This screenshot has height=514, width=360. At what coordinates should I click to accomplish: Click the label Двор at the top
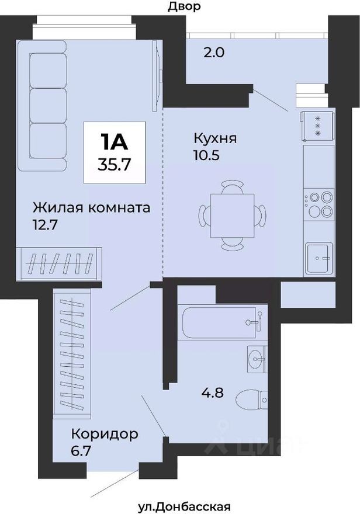[184, 7]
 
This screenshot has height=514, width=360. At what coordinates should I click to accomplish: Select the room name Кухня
[215, 138]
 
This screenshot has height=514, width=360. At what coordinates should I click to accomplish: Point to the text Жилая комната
[92, 207]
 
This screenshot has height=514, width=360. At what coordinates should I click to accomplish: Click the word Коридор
[105, 434]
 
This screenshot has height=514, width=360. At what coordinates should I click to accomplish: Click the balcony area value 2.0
[214, 52]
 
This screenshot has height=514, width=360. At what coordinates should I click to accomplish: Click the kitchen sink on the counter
[319, 257]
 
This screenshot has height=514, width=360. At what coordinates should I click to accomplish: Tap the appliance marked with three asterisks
[317, 124]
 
